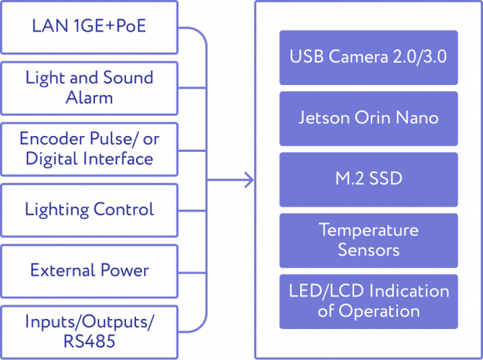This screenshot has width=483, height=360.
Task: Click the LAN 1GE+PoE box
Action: coord(89,27)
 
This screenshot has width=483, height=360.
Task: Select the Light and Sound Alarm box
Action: coord(89,87)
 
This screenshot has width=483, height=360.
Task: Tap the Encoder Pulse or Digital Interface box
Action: coord(89,148)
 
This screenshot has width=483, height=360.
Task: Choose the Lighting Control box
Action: coord(89,210)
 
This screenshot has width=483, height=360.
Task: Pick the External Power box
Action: coord(89,271)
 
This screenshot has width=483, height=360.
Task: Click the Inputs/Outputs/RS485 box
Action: coord(89,330)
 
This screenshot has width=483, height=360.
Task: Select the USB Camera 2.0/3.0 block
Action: coord(368,56)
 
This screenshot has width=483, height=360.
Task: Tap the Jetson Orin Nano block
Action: coord(368,117)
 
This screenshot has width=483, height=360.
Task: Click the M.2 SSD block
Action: coord(368,179)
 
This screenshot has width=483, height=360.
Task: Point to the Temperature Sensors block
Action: coord(368,240)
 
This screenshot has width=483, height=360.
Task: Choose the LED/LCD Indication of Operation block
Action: coord(368,301)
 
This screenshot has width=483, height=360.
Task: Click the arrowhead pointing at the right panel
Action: coord(248,180)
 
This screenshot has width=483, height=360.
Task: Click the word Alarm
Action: coord(89,97)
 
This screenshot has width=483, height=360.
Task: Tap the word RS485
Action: coord(89,341)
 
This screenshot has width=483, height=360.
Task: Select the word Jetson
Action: coord(324,117)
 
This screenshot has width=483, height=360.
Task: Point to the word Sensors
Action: coord(369,250)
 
